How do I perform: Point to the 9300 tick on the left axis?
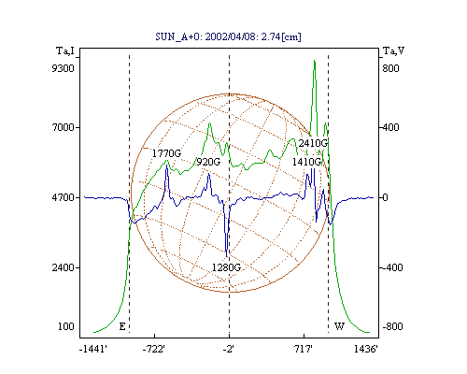tap(63, 68)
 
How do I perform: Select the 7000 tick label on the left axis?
tap(63, 127)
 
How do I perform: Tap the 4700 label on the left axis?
tap(63, 197)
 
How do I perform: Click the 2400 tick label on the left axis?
tap(63, 267)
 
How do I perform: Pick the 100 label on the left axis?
tap(66, 326)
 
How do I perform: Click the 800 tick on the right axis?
tap(390, 68)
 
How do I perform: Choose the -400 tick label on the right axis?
tap(392, 267)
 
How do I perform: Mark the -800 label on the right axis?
tap(392, 326)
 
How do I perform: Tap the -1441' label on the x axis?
tap(93, 350)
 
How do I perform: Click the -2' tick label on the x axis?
tap(229, 350)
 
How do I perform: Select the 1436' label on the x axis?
tap(366, 350)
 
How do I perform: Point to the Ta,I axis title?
tap(65, 50)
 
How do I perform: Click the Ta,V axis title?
tap(393, 50)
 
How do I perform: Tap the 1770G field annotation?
tap(166, 153)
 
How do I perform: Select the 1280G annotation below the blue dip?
tap(226, 267)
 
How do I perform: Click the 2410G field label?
tap(313, 143)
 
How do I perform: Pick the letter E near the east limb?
tap(122, 326)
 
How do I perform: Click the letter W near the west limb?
tap(339, 326)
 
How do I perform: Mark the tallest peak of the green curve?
tap(315, 61)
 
